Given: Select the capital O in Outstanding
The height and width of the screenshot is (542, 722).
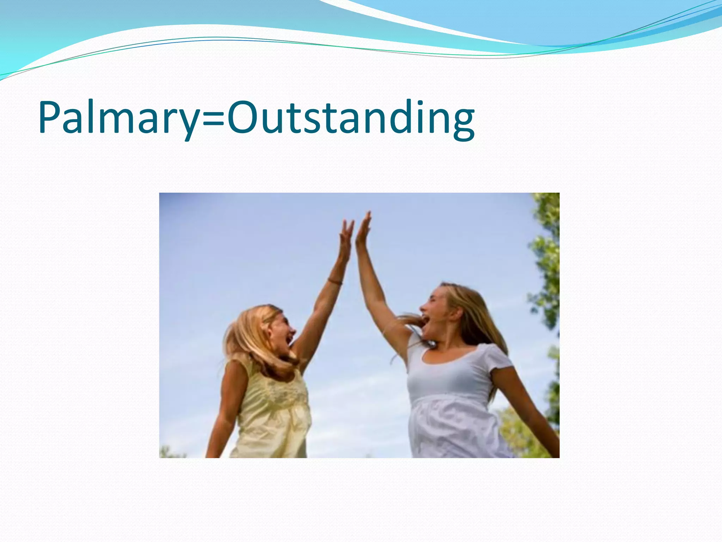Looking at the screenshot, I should (x=245, y=117).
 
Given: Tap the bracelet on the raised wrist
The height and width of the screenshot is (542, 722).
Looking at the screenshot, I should (x=335, y=281).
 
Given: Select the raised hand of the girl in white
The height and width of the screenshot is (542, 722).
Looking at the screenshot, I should (x=363, y=229).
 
